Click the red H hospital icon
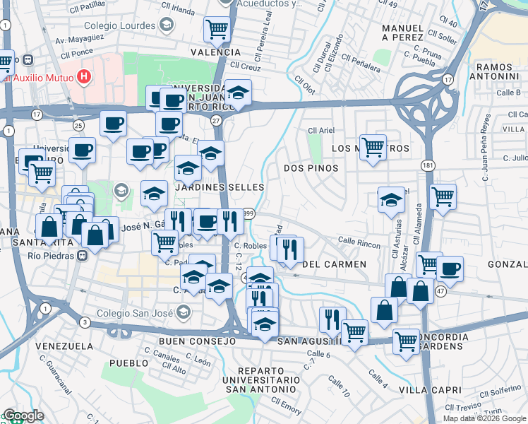click(x=85, y=76)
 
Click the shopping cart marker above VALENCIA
click(x=217, y=30)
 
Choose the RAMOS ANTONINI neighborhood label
click(x=500, y=71)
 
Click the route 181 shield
click(x=428, y=165)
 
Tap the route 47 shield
click(x=440, y=291)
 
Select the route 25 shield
click(x=78, y=125)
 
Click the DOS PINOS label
click(x=311, y=168)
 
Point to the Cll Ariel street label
click(x=321, y=131)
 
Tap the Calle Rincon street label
click(x=359, y=242)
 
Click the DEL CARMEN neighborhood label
click(x=334, y=264)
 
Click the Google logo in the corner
click(x=23, y=416)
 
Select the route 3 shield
click(x=85, y=322)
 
